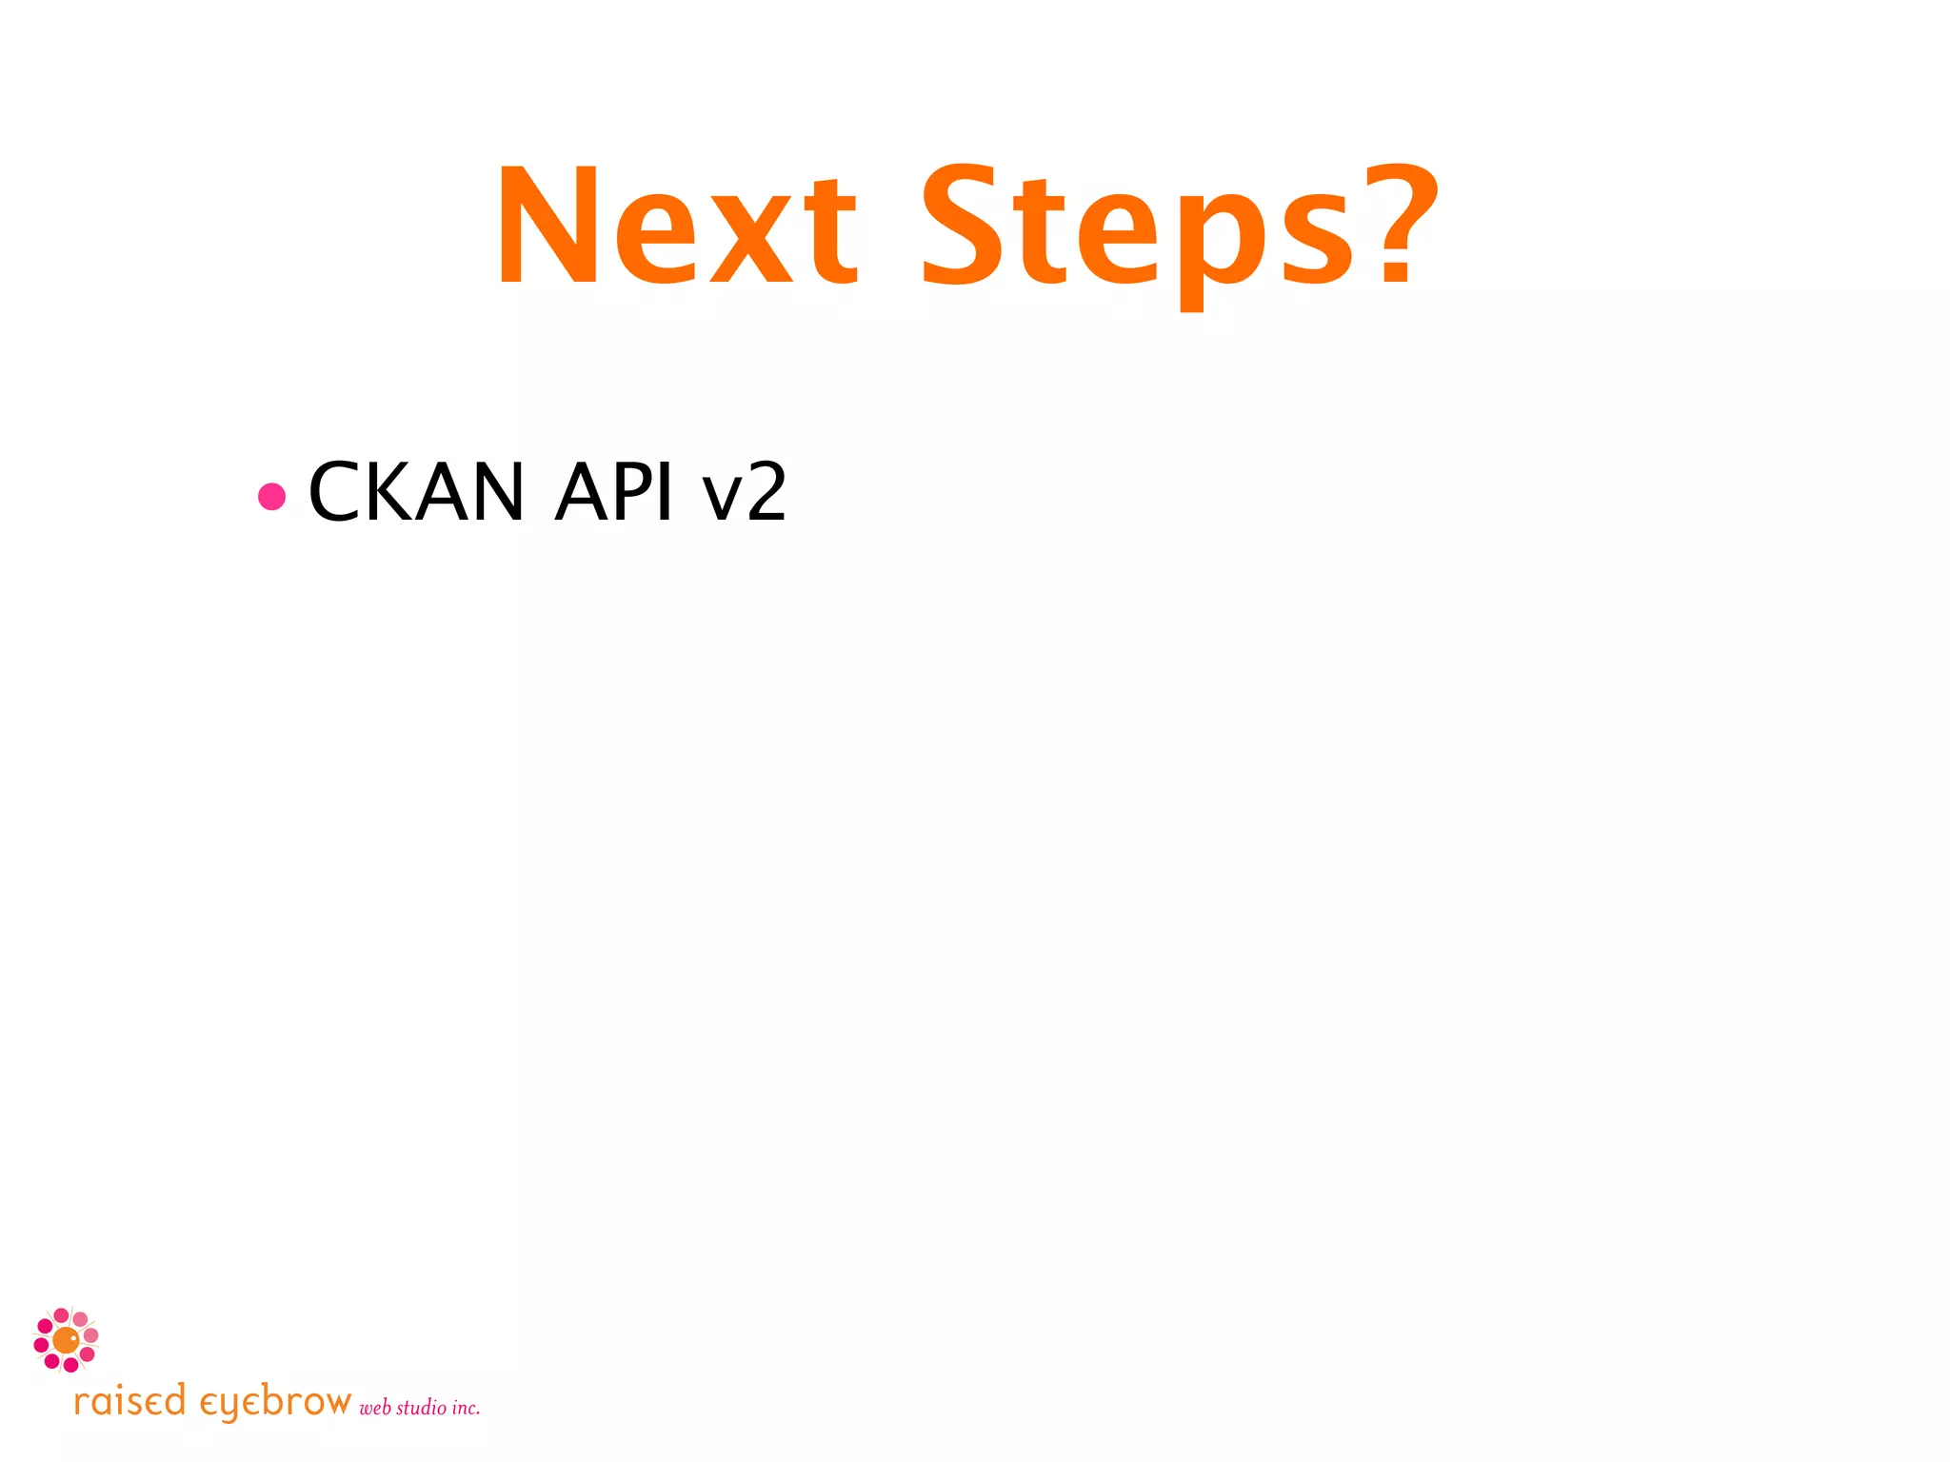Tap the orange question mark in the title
[x=1400, y=224]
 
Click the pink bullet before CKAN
[x=272, y=496]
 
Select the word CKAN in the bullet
[x=416, y=492]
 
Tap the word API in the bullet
[x=614, y=492]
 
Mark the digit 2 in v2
[x=766, y=492]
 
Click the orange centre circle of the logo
[x=65, y=1341]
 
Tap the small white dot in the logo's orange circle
[x=74, y=1337]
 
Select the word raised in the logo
[x=129, y=1402]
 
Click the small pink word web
[x=375, y=1408]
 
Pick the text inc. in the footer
[x=466, y=1407]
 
